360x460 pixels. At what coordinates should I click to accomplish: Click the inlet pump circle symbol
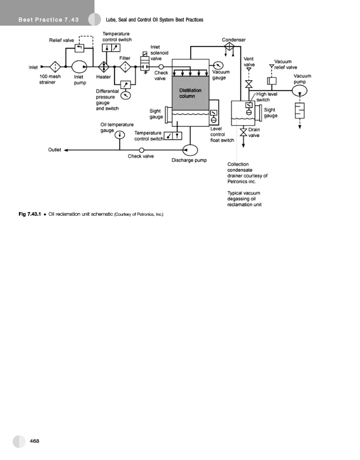(x=80, y=66)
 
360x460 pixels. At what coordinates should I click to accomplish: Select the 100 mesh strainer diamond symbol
(x=54, y=66)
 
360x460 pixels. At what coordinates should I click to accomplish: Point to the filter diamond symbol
(x=125, y=66)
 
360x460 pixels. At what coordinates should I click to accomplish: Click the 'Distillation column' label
(x=190, y=93)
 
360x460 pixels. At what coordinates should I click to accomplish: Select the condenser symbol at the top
(x=229, y=47)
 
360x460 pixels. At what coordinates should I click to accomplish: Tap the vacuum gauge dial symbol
(x=219, y=65)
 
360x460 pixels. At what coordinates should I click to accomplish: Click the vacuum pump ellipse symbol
(x=300, y=90)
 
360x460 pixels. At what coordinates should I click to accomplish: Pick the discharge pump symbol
(x=190, y=149)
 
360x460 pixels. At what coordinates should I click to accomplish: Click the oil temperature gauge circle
(x=120, y=135)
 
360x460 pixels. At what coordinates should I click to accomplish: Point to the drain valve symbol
(x=243, y=132)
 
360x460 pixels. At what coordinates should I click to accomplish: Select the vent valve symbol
(x=249, y=84)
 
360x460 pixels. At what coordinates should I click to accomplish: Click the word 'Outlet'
(x=55, y=150)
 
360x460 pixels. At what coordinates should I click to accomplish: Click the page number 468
(x=35, y=441)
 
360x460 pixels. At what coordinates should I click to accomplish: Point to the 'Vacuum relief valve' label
(x=285, y=64)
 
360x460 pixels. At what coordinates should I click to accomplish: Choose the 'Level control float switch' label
(x=222, y=134)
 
